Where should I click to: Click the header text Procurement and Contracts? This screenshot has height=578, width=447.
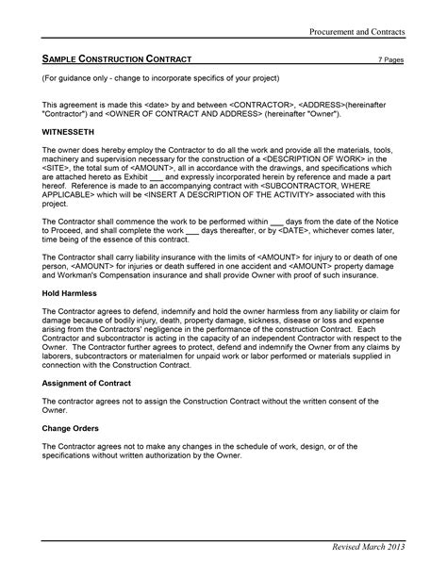pyautogui.click(x=357, y=32)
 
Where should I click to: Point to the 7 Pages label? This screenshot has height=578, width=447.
pyautogui.click(x=390, y=59)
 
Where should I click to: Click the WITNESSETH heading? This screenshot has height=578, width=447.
pyautogui.click(x=70, y=134)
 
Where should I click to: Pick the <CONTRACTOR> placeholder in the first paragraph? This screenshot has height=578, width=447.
pyautogui.click(x=262, y=101)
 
